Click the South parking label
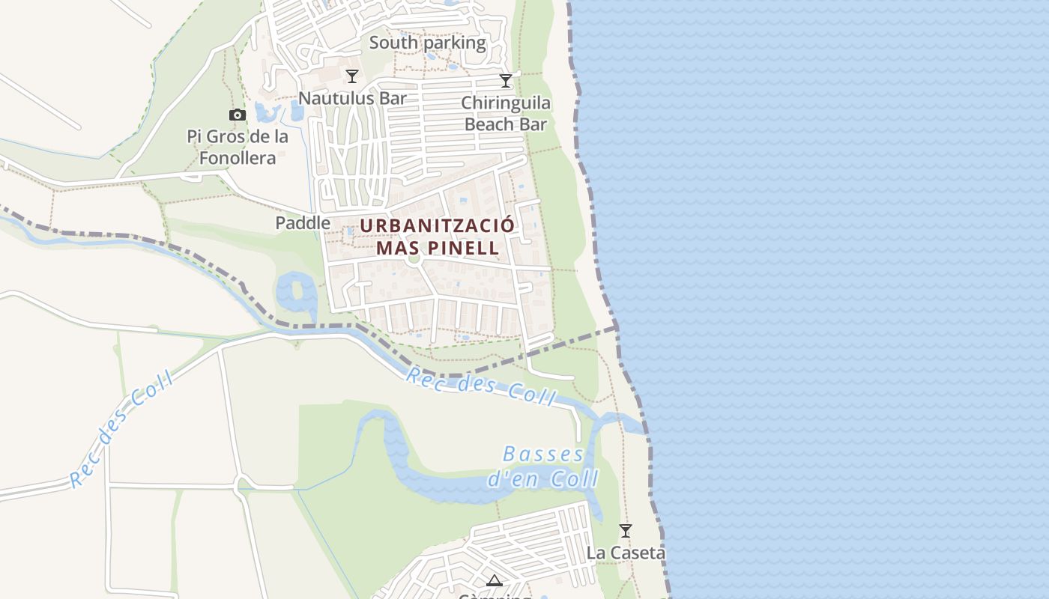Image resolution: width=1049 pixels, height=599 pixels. click(x=428, y=43)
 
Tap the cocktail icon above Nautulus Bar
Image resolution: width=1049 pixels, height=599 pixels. click(x=352, y=76)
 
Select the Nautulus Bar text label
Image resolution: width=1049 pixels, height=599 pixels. click(x=352, y=98)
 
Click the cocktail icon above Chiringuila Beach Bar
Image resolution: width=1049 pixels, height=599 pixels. click(x=506, y=80)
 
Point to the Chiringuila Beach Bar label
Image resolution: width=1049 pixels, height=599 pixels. click(x=506, y=113)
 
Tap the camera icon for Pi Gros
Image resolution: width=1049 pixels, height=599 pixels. click(x=238, y=115)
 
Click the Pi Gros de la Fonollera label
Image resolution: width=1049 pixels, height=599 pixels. click(x=238, y=148)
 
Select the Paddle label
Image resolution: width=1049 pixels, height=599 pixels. click(x=303, y=222)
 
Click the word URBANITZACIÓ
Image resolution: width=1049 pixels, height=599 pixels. click(x=438, y=225)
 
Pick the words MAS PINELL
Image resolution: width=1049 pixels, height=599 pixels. click(x=438, y=248)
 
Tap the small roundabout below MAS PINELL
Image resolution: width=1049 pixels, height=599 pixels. click(x=413, y=261)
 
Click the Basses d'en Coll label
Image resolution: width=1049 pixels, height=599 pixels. click(x=544, y=466)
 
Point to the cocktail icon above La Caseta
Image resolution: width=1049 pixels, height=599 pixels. click(x=626, y=531)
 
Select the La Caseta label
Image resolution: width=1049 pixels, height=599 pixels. click(x=626, y=553)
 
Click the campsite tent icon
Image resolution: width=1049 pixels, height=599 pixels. click(x=494, y=580)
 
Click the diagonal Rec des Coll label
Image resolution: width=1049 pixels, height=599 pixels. click(x=121, y=429)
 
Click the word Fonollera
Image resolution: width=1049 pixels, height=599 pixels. click(x=238, y=158)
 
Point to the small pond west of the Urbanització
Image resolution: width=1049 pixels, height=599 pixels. click(x=297, y=294)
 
